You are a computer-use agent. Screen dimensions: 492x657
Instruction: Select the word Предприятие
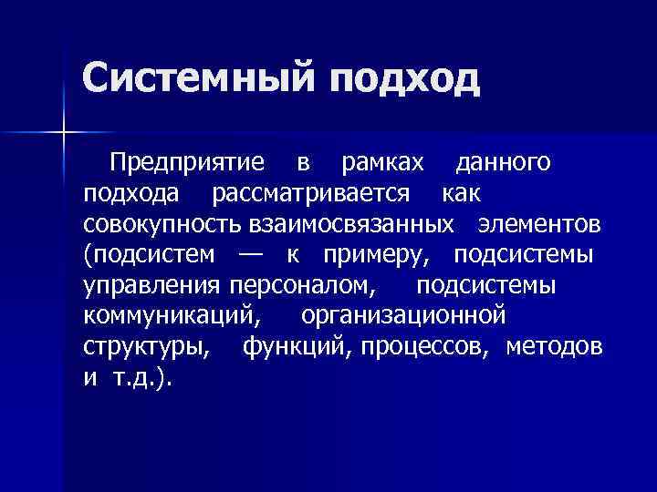187,164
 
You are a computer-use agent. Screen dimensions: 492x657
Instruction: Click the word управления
151,285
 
